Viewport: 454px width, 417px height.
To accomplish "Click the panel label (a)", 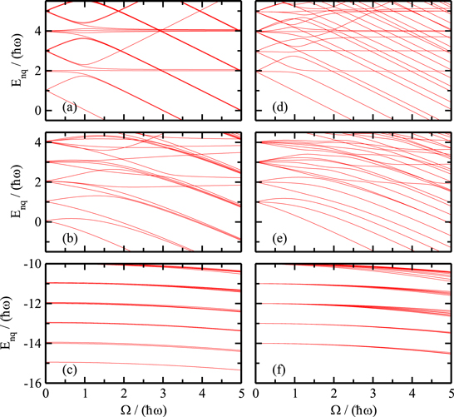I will click(x=61, y=108).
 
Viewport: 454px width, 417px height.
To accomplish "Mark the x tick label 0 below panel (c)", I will click(x=47, y=393).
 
